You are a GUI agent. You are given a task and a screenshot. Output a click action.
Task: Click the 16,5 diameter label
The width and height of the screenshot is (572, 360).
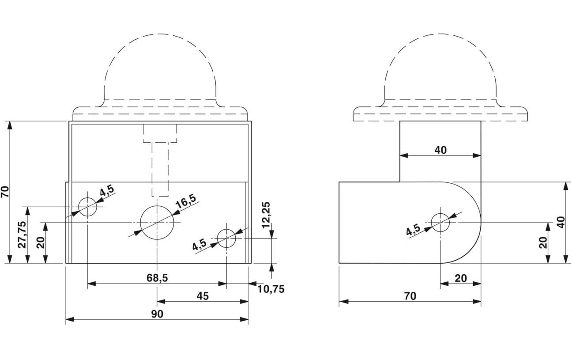[185, 203]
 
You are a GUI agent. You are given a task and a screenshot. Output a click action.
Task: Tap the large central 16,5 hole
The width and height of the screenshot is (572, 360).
[157, 222]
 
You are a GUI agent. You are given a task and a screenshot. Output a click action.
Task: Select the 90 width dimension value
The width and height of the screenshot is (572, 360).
[157, 314]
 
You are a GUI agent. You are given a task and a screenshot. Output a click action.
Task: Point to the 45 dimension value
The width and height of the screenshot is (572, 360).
[203, 296]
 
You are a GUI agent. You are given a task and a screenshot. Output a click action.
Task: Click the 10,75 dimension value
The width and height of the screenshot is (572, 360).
[271, 289]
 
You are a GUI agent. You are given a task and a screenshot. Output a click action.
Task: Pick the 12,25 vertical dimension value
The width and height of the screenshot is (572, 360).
[266, 215]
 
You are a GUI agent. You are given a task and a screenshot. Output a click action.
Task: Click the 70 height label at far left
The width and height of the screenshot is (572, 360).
[5, 192]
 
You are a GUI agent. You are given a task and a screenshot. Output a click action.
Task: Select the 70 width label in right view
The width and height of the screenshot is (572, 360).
[410, 296]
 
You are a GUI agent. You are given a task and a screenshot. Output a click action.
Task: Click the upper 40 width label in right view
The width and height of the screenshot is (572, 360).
[440, 150]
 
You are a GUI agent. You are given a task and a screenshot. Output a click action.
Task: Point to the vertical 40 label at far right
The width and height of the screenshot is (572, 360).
[561, 222]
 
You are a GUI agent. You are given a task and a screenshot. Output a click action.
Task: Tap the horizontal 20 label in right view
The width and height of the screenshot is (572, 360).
[460, 278]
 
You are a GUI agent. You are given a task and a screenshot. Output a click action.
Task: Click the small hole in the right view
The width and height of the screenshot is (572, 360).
[440, 222]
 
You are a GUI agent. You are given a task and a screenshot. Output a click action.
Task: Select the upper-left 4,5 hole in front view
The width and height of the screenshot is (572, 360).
[87, 206]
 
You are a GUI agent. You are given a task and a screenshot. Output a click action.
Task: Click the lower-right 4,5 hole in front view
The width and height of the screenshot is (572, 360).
[226, 239]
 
